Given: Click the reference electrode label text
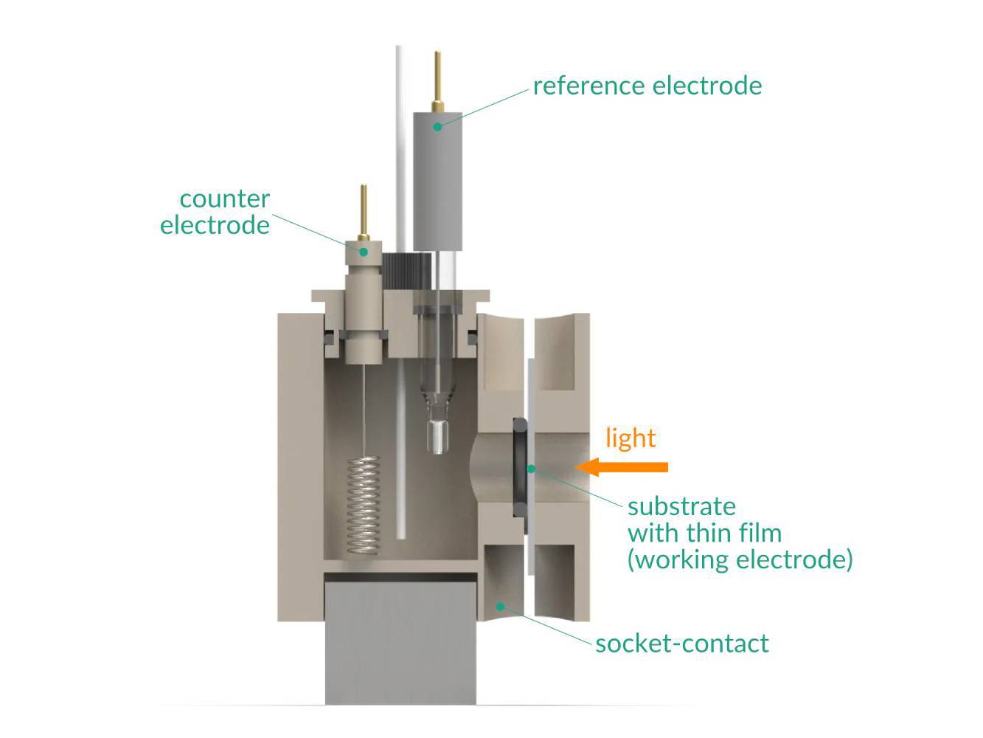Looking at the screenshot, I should coord(647,86).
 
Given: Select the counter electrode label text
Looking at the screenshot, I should coord(215,212).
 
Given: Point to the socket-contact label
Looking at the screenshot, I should coord(682,644).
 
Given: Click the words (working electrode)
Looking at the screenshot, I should coord(740,559).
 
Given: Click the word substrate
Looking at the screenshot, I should coord(681,506).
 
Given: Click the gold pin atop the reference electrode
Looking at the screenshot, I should coord(438,81).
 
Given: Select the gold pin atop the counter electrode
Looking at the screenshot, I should coord(363,210).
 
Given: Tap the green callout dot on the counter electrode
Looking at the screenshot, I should coord(364,252).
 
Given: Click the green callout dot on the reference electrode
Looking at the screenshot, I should coord(437,126).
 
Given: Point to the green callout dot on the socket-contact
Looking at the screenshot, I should coord(500,607).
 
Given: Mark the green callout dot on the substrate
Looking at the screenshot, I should coord(530,467).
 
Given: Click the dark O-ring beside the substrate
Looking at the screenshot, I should coord(519,466).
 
